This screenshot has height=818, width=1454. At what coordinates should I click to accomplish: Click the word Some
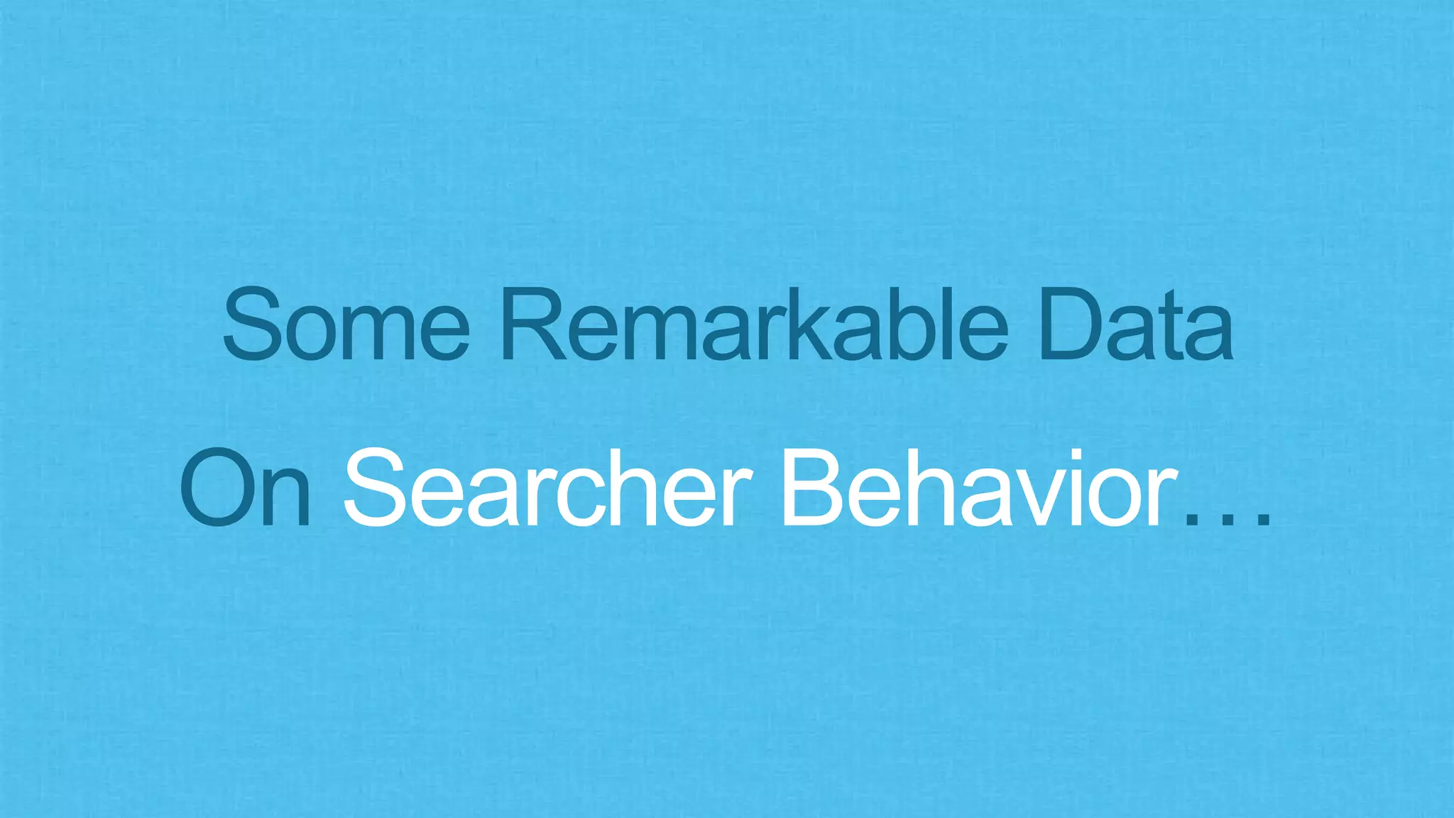(346, 325)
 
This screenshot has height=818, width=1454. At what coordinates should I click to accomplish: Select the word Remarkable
(754, 325)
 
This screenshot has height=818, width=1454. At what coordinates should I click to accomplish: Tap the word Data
(1135, 325)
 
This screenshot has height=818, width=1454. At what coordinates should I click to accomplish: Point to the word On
(246, 488)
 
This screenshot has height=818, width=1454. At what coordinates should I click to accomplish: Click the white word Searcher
(547, 488)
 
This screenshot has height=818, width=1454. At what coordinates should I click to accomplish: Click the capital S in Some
(249, 325)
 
